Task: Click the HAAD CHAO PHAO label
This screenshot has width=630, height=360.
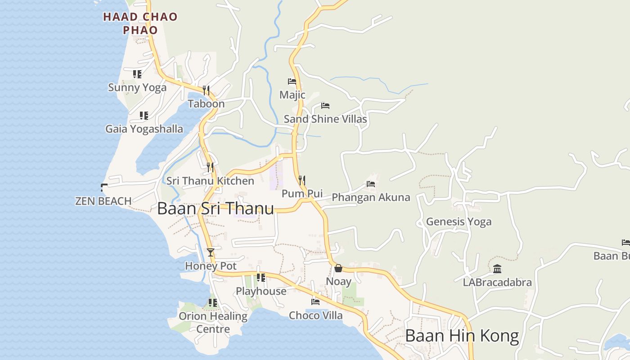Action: pyautogui.click(x=140, y=23)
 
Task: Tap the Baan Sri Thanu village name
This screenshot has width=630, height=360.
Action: pyautogui.click(x=216, y=208)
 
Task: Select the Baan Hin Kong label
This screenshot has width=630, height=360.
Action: pyautogui.click(x=462, y=336)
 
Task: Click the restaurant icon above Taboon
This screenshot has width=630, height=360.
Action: pyautogui.click(x=206, y=90)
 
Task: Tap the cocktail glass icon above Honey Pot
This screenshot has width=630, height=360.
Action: pyautogui.click(x=211, y=252)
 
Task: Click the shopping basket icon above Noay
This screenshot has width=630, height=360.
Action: pyautogui.click(x=338, y=269)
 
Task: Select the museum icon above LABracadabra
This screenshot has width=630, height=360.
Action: pyautogui.click(x=497, y=269)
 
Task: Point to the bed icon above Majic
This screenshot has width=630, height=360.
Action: pyautogui.click(x=292, y=81)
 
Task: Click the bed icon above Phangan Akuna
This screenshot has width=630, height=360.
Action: pyautogui.click(x=371, y=184)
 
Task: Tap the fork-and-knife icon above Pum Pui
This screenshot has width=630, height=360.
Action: pyautogui.click(x=302, y=180)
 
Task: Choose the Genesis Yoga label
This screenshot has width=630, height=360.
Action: pyautogui.click(x=459, y=221)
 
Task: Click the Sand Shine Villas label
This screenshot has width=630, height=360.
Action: pyautogui.click(x=325, y=119)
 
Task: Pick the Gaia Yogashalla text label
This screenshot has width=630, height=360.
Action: pyautogui.click(x=144, y=129)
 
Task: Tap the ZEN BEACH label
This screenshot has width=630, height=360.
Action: pyautogui.click(x=103, y=201)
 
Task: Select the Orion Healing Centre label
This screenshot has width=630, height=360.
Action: pyautogui.click(x=213, y=322)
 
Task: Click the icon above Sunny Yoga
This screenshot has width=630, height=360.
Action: pyautogui.click(x=137, y=74)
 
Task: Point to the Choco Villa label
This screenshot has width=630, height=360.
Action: pyautogui.click(x=315, y=315)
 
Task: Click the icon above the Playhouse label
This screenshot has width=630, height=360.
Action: pyautogui.click(x=261, y=278)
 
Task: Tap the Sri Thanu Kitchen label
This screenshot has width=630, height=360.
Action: pyautogui.click(x=210, y=181)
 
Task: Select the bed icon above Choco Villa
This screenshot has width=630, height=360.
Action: pyautogui.click(x=315, y=302)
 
